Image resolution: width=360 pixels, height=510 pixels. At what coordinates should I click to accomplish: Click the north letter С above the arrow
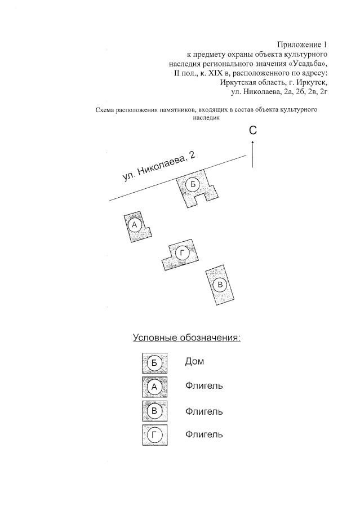tap(253, 130)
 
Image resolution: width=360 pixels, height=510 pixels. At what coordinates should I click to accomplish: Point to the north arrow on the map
tap(253, 153)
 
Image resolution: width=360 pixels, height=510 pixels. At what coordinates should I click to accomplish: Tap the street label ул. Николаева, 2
tap(159, 167)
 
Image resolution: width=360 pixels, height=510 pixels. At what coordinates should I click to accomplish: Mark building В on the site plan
tap(221, 285)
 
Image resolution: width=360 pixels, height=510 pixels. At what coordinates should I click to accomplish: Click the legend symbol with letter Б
tap(154, 362)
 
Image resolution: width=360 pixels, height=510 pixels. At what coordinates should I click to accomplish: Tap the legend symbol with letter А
tap(154, 387)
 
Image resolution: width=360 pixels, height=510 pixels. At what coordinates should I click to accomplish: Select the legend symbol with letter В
tap(154, 411)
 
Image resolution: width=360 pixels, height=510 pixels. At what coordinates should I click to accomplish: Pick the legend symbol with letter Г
tap(154, 435)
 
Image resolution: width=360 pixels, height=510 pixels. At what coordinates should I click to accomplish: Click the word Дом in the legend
tap(194, 361)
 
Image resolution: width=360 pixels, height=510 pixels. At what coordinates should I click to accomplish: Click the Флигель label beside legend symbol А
tap(204, 386)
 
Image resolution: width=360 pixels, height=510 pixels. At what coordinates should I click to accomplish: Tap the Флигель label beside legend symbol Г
tap(204, 434)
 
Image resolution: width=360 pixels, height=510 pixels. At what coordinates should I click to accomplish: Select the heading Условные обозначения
tap(186, 338)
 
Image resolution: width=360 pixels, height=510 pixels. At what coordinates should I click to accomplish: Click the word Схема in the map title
tap(106, 110)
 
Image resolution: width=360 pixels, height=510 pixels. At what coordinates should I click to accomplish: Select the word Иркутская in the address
tap(240, 82)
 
